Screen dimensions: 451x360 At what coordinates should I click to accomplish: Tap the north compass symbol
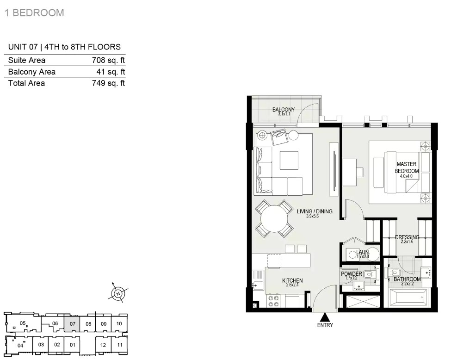tap(118, 293)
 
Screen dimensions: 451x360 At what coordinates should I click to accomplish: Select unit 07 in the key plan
tap(72, 324)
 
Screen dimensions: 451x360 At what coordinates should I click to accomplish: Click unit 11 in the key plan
tap(120, 345)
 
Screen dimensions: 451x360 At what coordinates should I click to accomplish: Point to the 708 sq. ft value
tap(108, 60)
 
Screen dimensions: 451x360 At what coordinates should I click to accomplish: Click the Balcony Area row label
tap(32, 72)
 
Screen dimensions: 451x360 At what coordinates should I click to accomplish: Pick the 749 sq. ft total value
tap(108, 83)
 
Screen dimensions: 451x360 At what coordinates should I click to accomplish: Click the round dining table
tap(274, 218)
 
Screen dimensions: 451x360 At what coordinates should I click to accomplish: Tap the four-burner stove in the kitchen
tap(273, 301)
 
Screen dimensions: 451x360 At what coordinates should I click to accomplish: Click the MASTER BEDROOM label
tap(407, 168)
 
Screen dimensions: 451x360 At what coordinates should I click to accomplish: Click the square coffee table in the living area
tap(289, 161)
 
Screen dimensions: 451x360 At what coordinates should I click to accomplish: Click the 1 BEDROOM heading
tap(34, 12)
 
